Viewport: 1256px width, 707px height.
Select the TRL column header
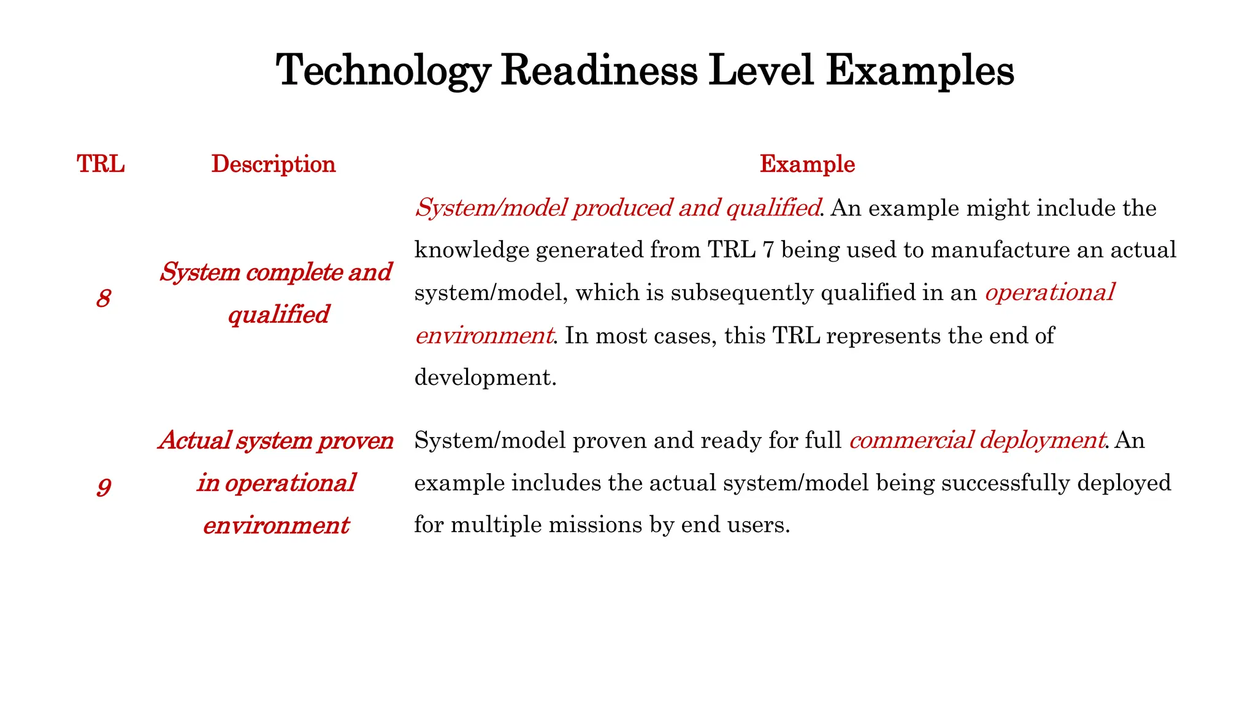pyautogui.click(x=101, y=164)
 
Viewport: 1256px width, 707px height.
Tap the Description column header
pyautogui.click(x=274, y=164)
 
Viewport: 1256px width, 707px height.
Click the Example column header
pyautogui.click(x=807, y=164)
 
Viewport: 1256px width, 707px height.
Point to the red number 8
pyautogui.click(x=103, y=299)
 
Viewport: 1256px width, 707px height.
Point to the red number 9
pyautogui.click(x=104, y=487)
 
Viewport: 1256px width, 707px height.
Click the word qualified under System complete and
pyautogui.click(x=278, y=315)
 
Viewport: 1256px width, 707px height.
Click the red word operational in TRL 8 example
pyautogui.click(x=1049, y=293)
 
